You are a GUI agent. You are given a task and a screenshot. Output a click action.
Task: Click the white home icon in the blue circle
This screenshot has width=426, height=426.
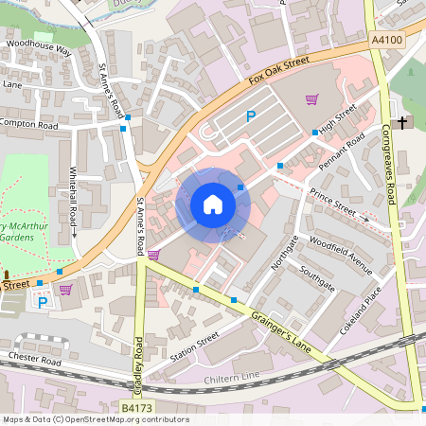(213, 204)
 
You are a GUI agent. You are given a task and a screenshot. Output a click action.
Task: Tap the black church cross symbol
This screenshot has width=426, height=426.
(402, 123)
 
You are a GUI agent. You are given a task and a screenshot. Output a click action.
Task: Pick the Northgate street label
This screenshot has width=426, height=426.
(285, 251)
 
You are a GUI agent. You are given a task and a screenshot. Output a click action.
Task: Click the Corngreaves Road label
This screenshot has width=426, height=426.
(388, 166)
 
